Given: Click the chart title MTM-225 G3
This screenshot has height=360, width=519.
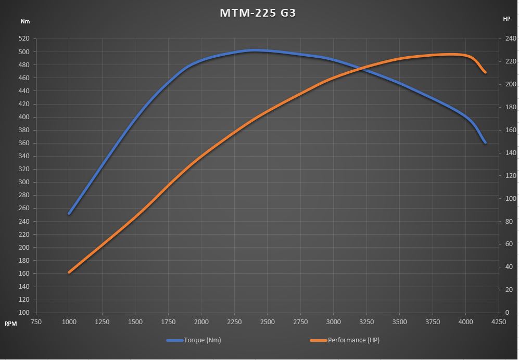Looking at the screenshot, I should click(x=258, y=13).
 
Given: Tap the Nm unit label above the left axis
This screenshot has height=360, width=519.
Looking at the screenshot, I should click(x=25, y=21).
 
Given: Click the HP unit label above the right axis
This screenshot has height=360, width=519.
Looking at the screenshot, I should click(x=507, y=19).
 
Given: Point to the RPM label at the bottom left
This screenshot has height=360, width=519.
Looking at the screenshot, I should click(x=10, y=324).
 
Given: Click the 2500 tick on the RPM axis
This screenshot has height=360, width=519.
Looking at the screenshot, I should click(x=267, y=322).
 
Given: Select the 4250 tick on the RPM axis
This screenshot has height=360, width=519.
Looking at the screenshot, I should click(x=498, y=322).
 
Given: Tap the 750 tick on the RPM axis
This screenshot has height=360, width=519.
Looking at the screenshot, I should click(x=36, y=322).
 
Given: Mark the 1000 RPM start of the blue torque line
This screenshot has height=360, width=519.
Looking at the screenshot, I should click(x=69, y=213).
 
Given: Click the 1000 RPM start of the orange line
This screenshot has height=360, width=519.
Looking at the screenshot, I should click(x=69, y=272).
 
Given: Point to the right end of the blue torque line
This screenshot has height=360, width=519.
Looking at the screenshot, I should click(x=485, y=142).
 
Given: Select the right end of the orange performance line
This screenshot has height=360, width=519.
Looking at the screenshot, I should click(x=485, y=72).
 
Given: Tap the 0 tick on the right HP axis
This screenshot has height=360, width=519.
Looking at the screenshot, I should click(x=505, y=313).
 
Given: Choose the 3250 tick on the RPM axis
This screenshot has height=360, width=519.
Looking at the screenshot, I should click(x=366, y=322).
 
